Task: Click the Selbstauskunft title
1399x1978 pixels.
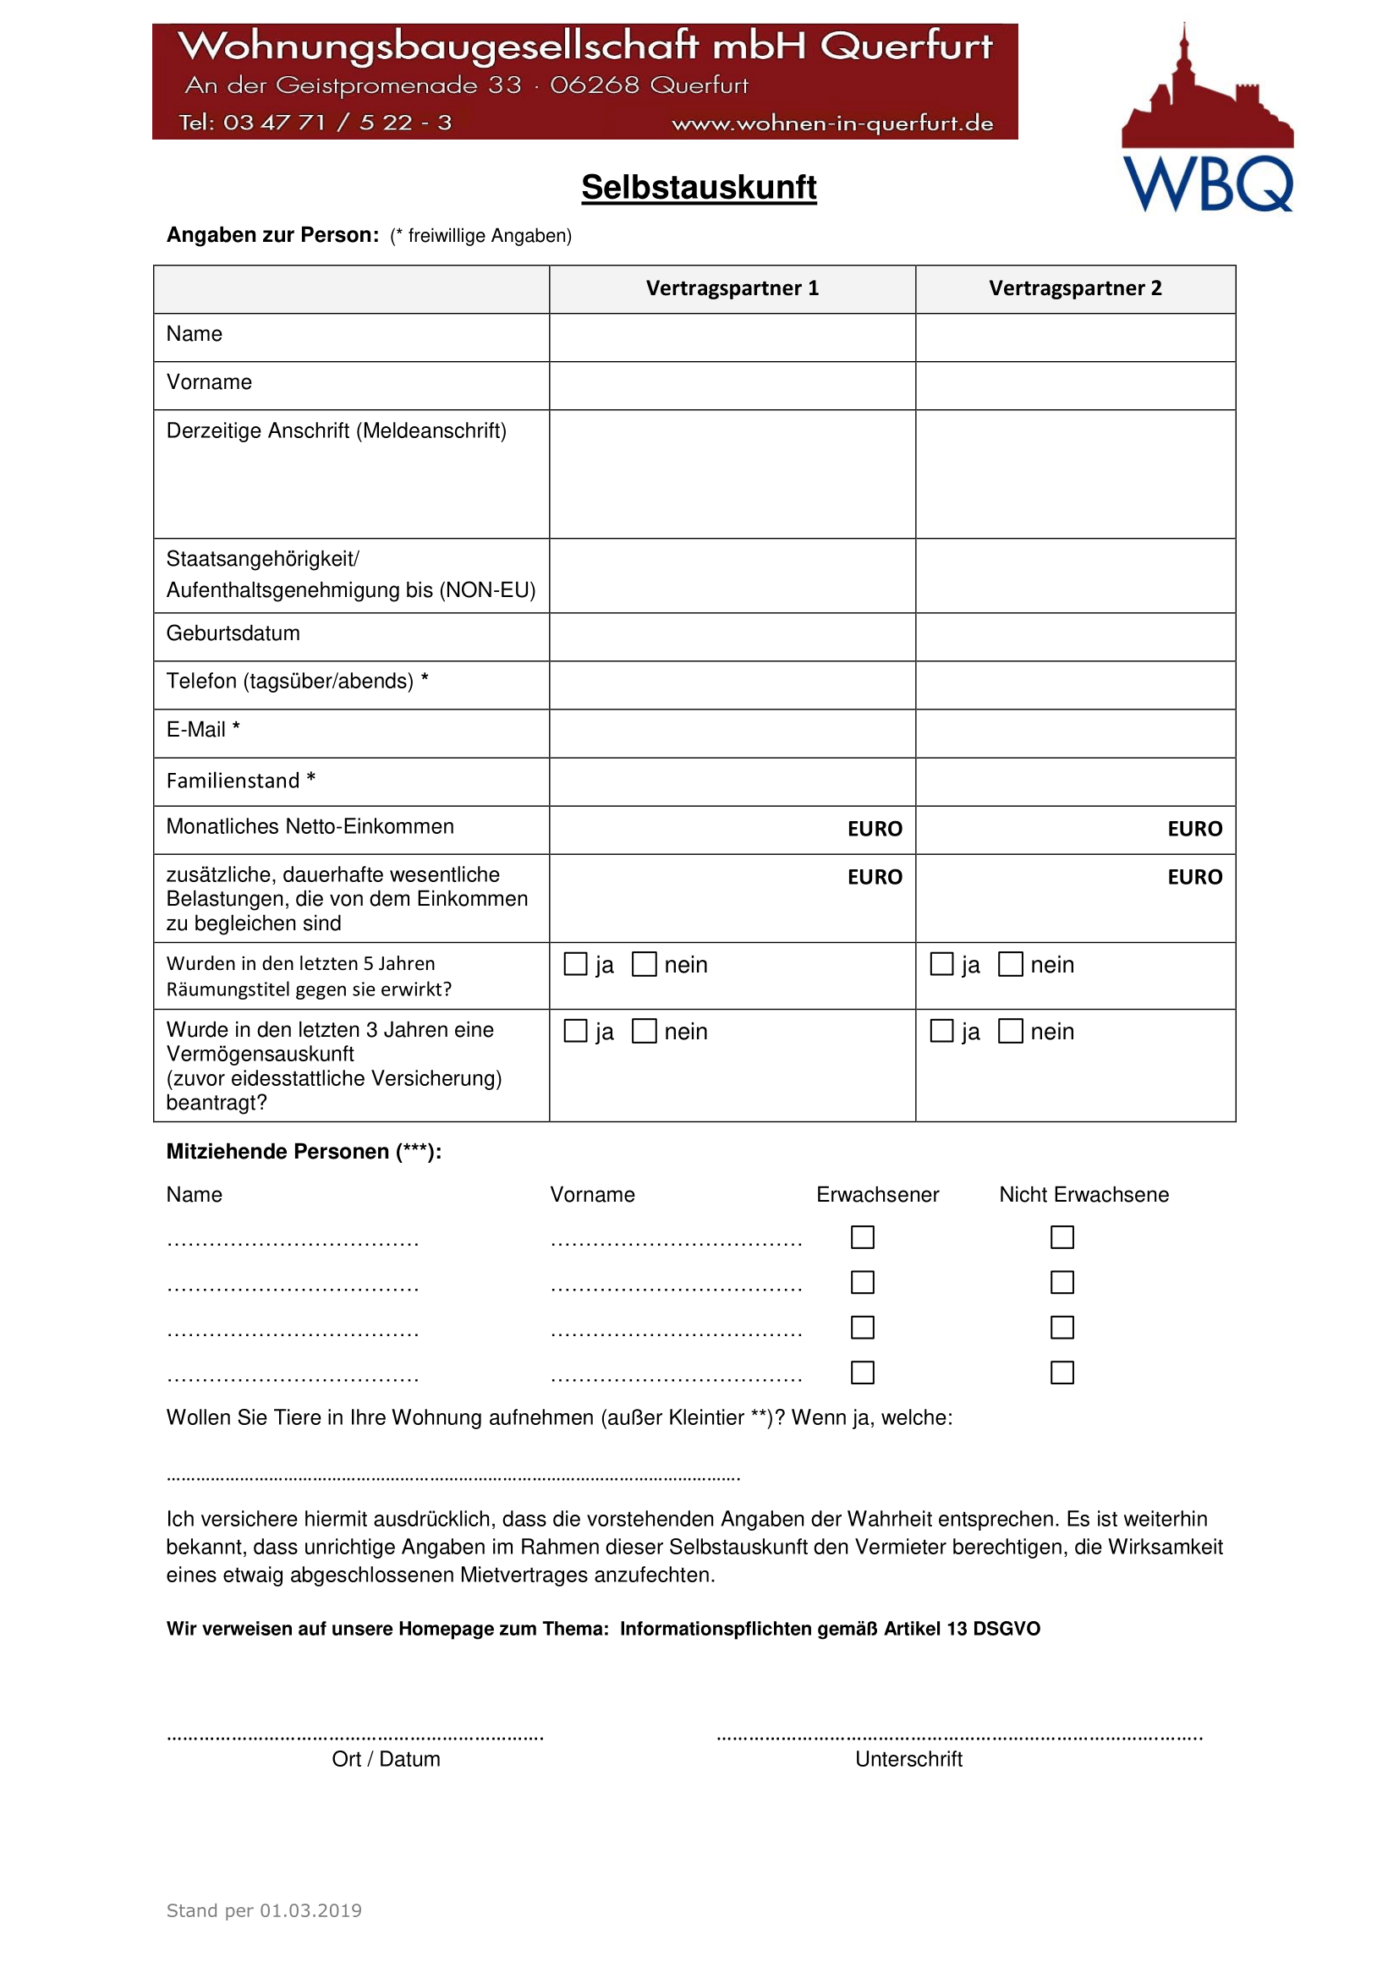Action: [x=698, y=187]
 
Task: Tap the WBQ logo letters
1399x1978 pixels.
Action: [x=1207, y=184]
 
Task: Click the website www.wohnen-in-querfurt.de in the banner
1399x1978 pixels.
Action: [x=831, y=123]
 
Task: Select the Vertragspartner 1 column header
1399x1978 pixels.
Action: [x=732, y=288]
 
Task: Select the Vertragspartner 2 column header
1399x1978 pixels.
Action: [x=1074, y=288]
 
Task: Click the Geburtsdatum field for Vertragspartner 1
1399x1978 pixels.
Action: [x=732, y=637]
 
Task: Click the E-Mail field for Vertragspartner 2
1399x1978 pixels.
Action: [x=1074, y=733]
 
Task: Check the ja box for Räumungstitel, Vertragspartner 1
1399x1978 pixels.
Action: [x=574, y=963]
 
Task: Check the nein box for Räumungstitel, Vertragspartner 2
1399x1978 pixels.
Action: [x=1010, y=963]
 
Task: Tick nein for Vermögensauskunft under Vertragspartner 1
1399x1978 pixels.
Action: [x=644, y=1030]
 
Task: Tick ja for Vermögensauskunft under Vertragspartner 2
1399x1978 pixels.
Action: [x=941, y=1030]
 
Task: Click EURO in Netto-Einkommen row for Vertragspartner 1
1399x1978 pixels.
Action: [x=874, y=829]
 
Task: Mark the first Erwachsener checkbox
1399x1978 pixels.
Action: [x=861, y=1237]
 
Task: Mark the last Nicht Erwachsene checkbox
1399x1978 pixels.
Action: [x=1062, y=1373]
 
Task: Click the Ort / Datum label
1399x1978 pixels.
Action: [x=386, y=1759]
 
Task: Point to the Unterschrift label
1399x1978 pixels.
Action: [x=908, y=1759]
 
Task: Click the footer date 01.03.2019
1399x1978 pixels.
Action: [x=310, y=1911]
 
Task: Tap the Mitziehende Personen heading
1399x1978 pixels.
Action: [x=304, y=1152]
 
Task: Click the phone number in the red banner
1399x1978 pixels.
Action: [x=315, y=123]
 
